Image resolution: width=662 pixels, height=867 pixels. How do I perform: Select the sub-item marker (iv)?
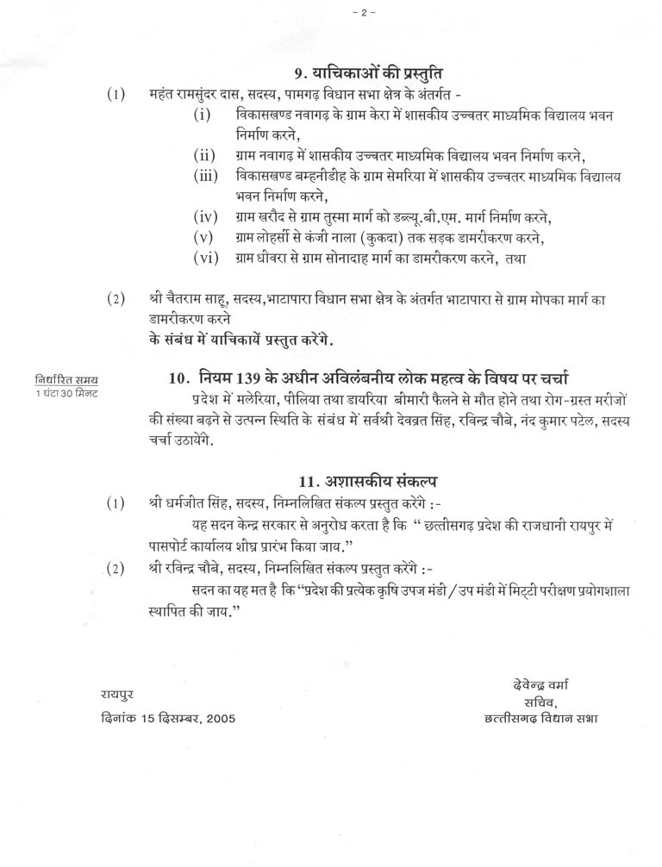point(205,215)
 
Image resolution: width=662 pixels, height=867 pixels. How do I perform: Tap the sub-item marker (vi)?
point(205,258)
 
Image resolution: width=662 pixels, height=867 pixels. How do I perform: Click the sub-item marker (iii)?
point(207,175)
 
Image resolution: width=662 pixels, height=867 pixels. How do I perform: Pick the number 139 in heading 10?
point(243,379)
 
